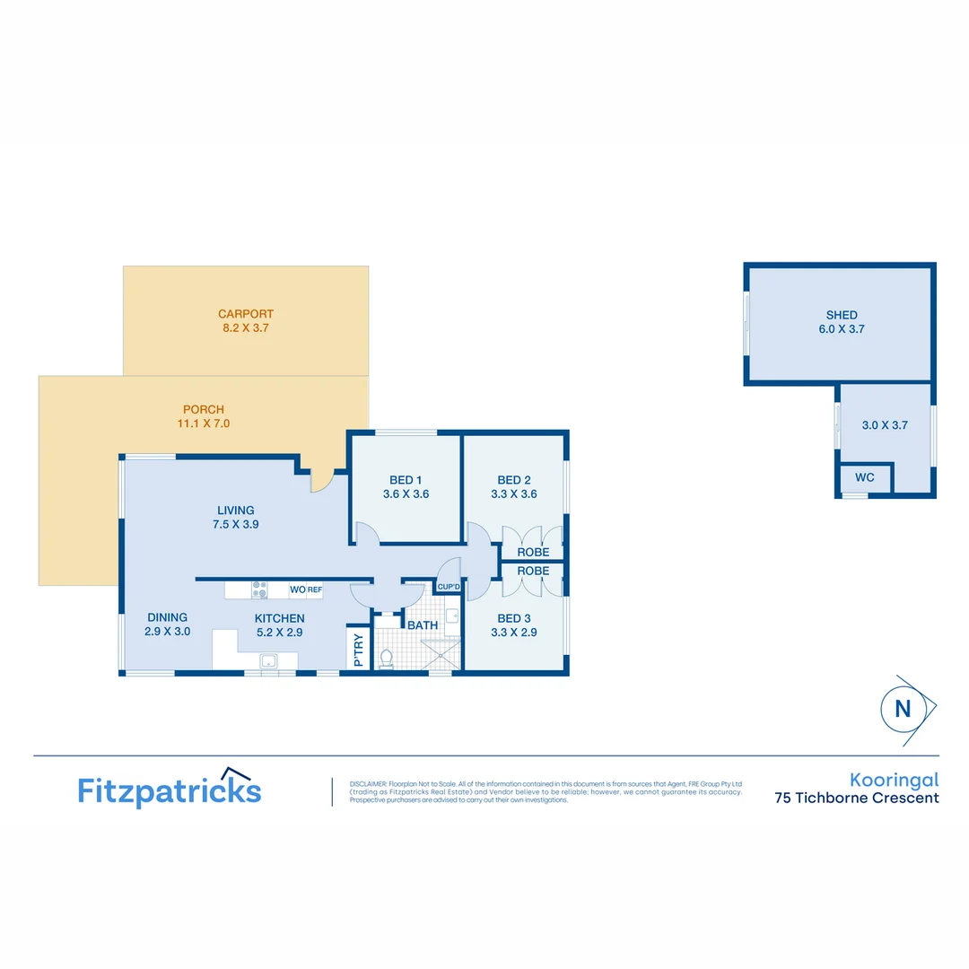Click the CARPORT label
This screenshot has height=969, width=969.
(245, 314)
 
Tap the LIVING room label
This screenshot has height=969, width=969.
(235, 511)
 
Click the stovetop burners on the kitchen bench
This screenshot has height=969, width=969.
(258, 589)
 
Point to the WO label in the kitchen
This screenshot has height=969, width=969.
(297, 589)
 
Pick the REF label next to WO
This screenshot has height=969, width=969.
(315, 589)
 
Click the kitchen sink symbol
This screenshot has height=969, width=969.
(267, 661)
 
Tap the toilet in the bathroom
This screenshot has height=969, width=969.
(388, 659)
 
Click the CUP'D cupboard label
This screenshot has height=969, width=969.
(448, 588)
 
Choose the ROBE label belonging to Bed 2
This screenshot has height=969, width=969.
(533, 553)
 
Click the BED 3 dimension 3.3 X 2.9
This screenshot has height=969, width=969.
(514, 633)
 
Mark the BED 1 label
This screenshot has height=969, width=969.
(406, 479)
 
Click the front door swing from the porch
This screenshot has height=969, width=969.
(321, 480)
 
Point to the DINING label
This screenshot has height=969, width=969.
(168, 617)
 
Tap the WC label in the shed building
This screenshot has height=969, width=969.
(864, 477)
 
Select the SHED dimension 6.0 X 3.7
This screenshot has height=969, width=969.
(842, 329)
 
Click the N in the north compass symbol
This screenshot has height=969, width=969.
(903, 709)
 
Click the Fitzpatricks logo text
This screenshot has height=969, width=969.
(170, 790)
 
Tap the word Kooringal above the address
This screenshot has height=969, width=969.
(894, 781)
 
